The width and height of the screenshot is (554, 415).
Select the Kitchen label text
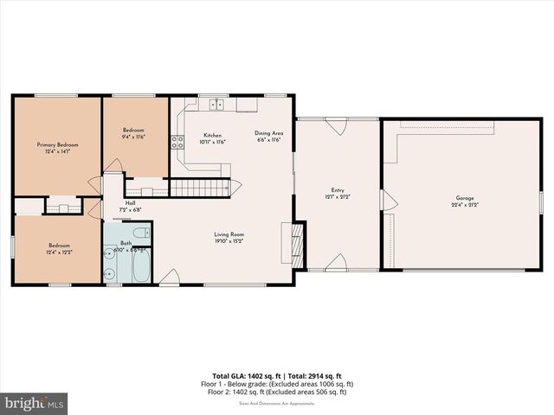coord(212,136)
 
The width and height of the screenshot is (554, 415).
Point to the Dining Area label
coord(268,133)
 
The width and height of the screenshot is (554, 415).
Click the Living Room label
coord(229,234)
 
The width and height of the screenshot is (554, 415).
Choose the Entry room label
coord(338,191)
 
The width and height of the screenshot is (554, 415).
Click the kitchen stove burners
coord(177,143)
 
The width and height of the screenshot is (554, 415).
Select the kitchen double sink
coord(216,105)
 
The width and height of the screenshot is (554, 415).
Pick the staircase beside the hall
coord(199,188)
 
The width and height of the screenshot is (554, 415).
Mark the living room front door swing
coord(171,277)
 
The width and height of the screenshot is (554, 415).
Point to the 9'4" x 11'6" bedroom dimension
coord(132,137)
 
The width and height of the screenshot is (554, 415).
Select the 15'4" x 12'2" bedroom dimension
coord(58,252)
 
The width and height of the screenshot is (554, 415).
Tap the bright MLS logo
coord(35,403)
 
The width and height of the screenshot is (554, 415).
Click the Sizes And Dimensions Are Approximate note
coord(277,401)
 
